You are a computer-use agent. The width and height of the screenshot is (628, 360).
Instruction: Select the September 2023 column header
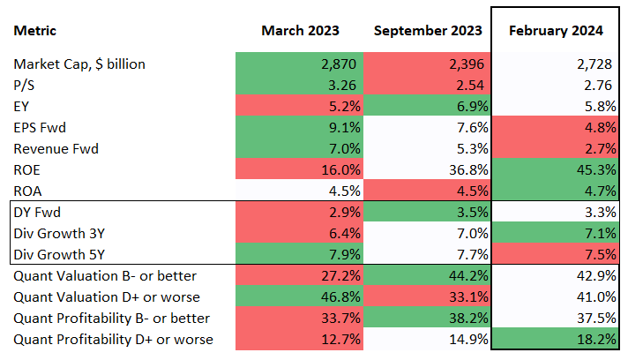click(x=428, y=31)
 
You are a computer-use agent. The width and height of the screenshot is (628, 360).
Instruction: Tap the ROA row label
click(x=29, y=191)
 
